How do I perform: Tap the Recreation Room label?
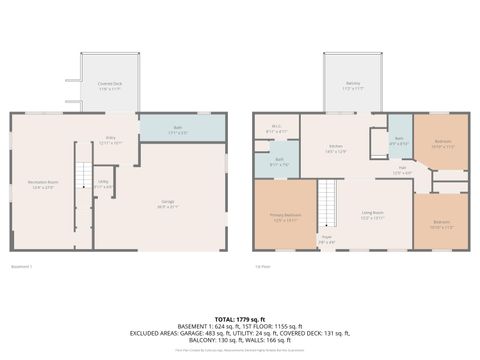[43, 183]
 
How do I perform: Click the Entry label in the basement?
[112, 140]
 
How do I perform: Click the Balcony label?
[352, 85]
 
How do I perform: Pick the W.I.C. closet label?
[276, 129]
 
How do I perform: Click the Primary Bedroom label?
[286, 217]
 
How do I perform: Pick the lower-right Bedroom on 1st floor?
[441, 224]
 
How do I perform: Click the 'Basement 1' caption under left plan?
[22, 266]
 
